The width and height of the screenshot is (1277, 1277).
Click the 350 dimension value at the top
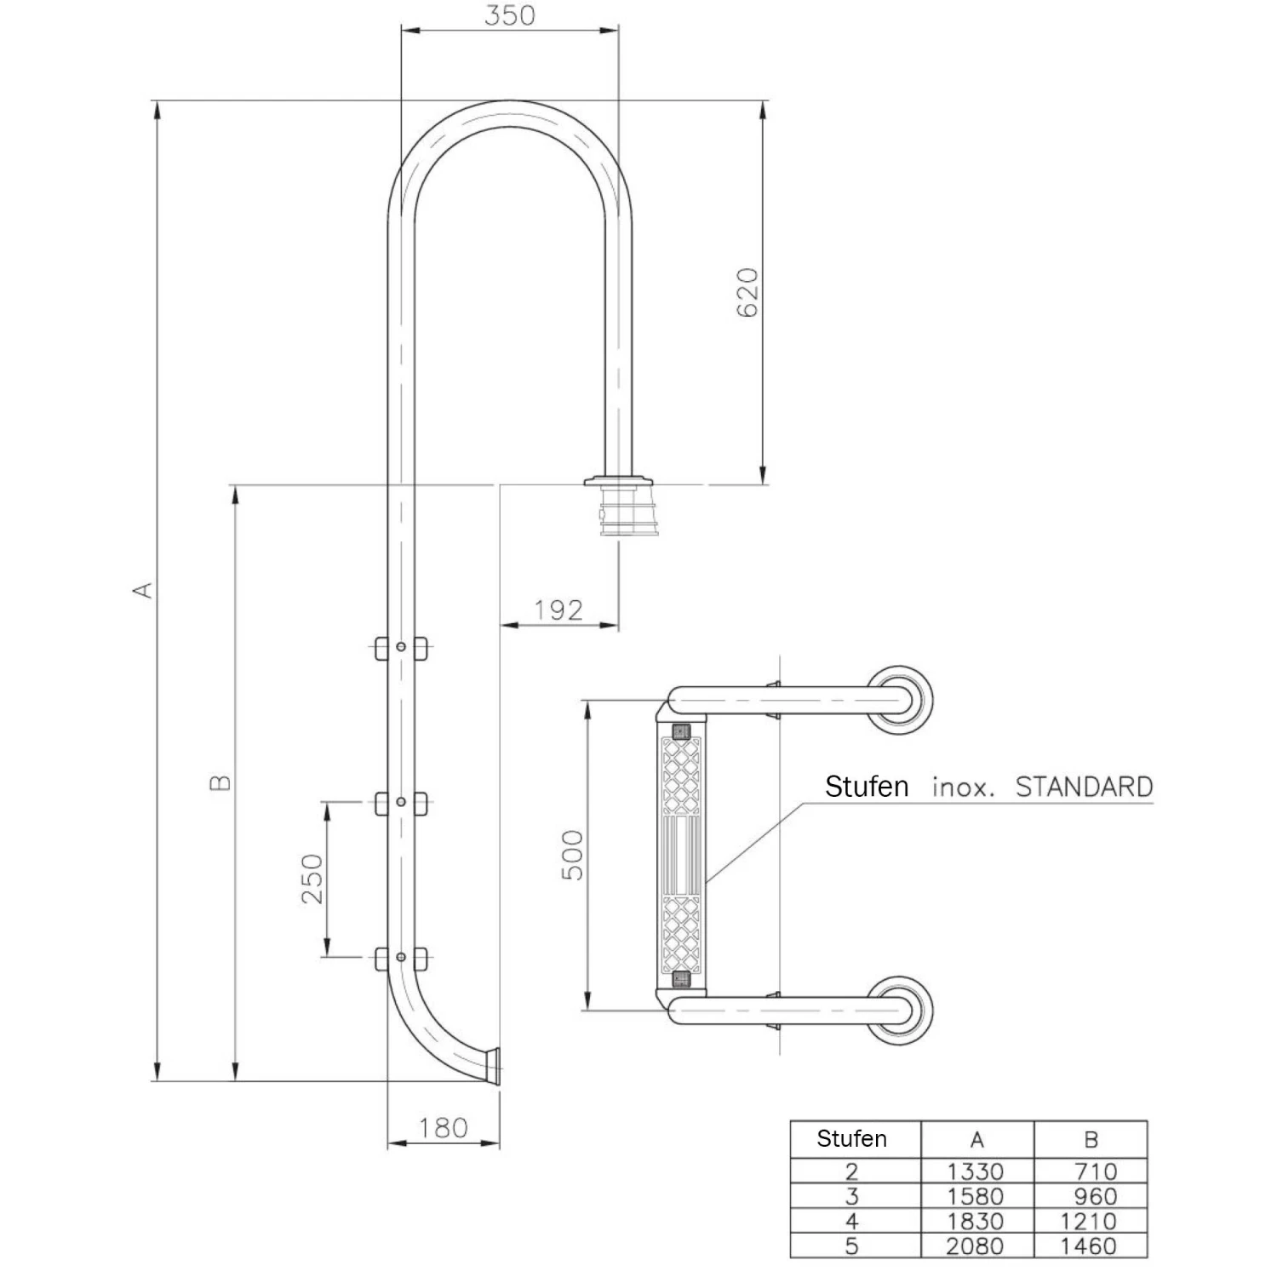[509, 15]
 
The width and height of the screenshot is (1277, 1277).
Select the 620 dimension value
[747, 292]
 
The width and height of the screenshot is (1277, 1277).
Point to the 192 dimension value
[558, 610]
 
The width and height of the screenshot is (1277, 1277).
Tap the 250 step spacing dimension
[312, 879]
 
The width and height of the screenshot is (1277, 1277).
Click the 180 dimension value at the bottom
[443, 1128]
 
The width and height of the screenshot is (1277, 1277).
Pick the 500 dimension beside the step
[574, 855]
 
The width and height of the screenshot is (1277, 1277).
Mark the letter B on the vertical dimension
[220, 782]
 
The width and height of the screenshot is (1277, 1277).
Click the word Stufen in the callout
[867, 786]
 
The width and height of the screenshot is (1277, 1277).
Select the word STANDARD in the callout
[1084, 786]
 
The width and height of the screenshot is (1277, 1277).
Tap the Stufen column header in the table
[851, 1139]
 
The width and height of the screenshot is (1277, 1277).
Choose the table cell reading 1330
[976, 1171]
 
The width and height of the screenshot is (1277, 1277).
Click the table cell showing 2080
[976, 1246]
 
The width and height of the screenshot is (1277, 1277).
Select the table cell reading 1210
[1089, 1222]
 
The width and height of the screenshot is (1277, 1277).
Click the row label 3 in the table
[851, 1196]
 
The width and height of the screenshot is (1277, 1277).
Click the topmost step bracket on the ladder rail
[401, 648]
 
